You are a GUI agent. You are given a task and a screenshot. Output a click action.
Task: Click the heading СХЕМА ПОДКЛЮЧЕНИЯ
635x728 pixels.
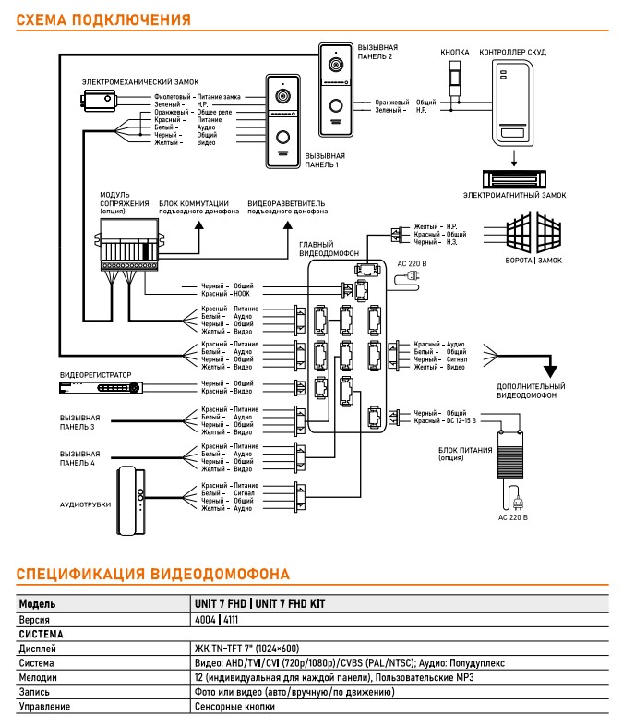coord(103,19)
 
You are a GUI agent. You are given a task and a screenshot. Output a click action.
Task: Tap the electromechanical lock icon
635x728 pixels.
coord(99,101)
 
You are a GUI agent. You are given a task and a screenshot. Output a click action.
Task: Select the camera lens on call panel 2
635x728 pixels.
coord(336,64)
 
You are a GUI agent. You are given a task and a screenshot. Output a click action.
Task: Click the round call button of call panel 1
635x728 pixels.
coord(283,138)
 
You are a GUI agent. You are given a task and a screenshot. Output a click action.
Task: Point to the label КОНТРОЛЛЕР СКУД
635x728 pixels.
coord(512,52)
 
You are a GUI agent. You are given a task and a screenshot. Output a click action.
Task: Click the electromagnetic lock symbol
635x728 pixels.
coord(514,179)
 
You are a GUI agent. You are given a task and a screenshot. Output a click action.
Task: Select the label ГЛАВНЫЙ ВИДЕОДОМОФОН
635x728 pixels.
coord(329,249)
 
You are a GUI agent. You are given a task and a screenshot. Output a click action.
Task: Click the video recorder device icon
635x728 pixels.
coord(101,388)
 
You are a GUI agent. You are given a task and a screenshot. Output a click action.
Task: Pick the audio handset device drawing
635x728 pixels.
coord(131,501)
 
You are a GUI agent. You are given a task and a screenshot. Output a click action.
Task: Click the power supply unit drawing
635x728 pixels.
coord(510,454)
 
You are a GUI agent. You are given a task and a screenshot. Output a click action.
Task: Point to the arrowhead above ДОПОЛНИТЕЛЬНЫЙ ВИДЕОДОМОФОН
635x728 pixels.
coord(550,371)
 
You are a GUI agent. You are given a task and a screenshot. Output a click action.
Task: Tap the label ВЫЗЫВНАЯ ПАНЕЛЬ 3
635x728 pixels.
coord(79,422)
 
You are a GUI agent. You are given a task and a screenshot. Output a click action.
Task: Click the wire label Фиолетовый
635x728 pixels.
coord(172,97)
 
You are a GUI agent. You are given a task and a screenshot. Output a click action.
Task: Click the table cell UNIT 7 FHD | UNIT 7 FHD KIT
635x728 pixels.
coord(259,603)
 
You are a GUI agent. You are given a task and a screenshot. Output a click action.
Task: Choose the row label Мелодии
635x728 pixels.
coord(38,677)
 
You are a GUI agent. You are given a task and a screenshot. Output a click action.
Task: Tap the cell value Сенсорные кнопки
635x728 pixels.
coord(234,706)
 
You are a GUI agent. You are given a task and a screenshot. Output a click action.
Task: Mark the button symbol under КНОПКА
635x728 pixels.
coord(455,80)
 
